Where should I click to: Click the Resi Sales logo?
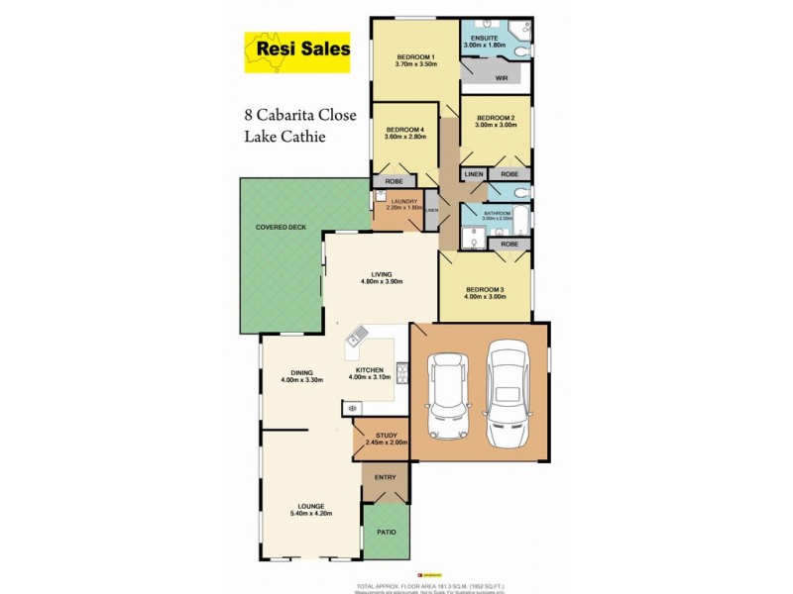point(297,52)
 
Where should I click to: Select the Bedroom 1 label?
point(416,56)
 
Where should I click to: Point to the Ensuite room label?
point(486,38)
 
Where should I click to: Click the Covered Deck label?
point(281,227)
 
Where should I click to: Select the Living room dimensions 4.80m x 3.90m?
point(383,282)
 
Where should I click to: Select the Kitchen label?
point(366,369)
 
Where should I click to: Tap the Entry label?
point(386,477)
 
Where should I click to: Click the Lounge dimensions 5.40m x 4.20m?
point(311,514)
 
